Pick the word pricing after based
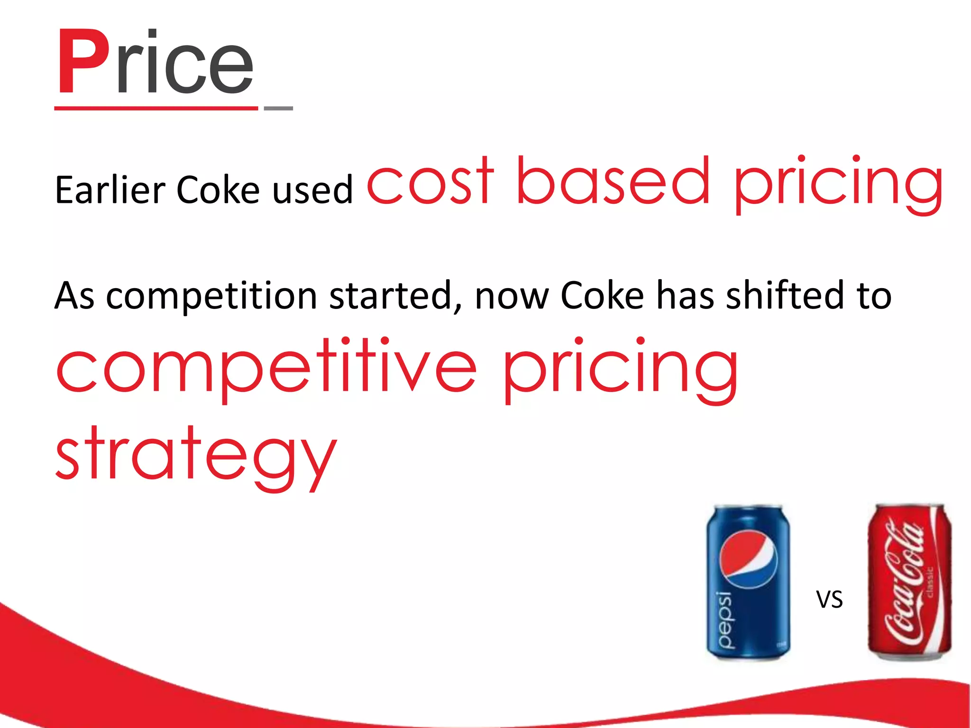(838, 184)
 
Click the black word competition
(211, 296)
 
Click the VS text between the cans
(829, 600)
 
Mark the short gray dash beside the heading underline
(278, 109)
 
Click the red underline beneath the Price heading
(156, 109)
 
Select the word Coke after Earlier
(218, 190)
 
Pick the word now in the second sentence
(512, 296)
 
